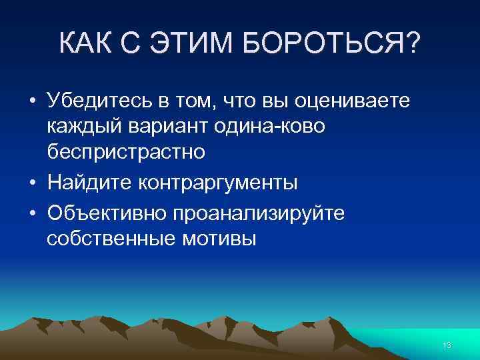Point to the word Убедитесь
[99, 101]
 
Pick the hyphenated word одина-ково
[269, 127]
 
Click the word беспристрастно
[126, 152]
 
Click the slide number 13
[447, 345]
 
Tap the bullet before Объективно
[33, 213]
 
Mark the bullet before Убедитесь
[33, 102]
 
